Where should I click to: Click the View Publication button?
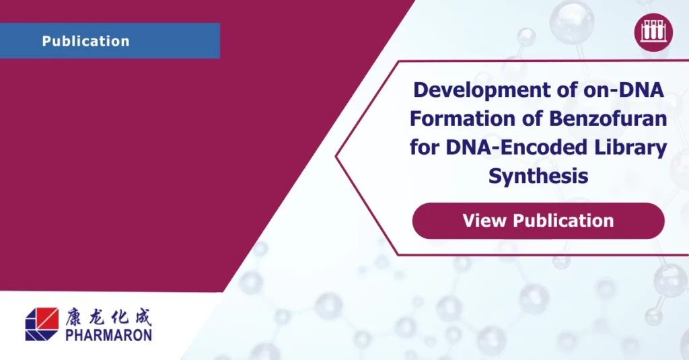pos(538,221)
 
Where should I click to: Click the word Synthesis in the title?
pos(538,176)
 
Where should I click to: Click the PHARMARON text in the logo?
pos(108,334)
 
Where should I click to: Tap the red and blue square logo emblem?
pos(42,324)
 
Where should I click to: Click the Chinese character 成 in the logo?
pos(141,316)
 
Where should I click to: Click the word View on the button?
pos(484,221)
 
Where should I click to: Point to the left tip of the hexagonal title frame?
pos(337,158)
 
